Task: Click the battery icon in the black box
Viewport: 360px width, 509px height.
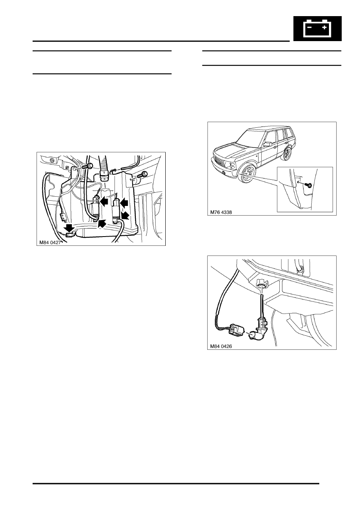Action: coord(317,28)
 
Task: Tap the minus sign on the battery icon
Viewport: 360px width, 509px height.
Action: coord(309,27)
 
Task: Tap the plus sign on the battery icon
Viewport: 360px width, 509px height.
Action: coord(324,27)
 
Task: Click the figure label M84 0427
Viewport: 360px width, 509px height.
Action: coord(50,243)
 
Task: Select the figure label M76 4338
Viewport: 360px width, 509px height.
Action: coord(221,212)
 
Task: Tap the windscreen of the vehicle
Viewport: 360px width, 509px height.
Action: coord(248,139)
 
